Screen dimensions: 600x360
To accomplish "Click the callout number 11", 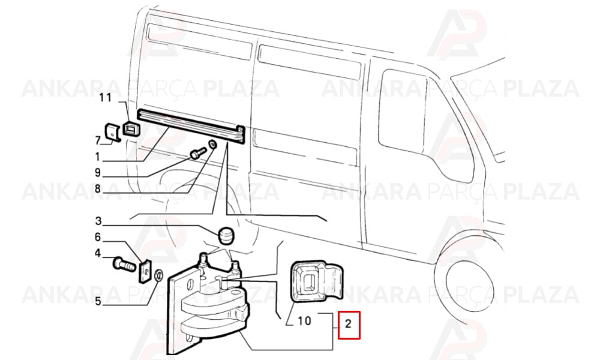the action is coord(105,98).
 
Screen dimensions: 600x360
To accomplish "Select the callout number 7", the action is coord(98,140).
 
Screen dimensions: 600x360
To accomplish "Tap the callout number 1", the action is coord(98,157).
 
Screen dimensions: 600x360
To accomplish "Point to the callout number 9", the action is coord(98,173).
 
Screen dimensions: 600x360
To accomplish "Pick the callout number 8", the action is coord(98,188).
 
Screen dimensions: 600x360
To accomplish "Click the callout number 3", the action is coord(98,221).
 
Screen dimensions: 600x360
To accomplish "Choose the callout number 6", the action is coord(98,237).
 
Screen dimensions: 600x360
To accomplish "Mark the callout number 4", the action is coord(98,253).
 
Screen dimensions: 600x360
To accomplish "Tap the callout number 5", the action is coord(98,301).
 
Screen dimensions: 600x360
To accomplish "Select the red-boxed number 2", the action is coord(348,324).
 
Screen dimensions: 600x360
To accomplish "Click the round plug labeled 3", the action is coord(226,235).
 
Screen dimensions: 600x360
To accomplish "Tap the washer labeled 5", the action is coord(158,275).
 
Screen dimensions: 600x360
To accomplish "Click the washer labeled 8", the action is coord(212,145).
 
